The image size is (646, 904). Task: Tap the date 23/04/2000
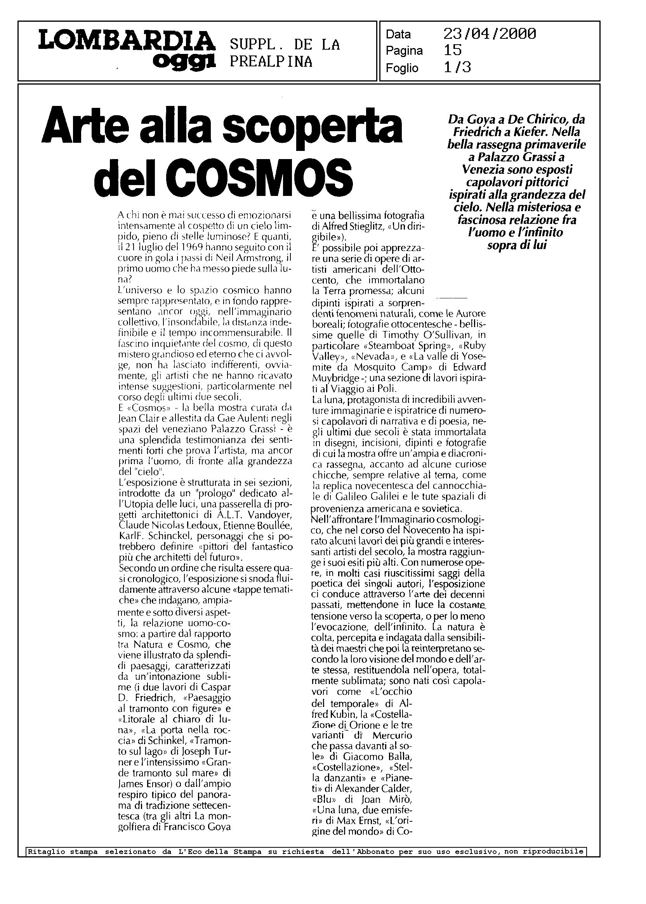coord(490,34)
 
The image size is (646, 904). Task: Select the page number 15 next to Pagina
coord(452,50)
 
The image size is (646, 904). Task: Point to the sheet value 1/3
coord(457,68)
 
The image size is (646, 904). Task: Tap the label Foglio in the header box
coord(402,68)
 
